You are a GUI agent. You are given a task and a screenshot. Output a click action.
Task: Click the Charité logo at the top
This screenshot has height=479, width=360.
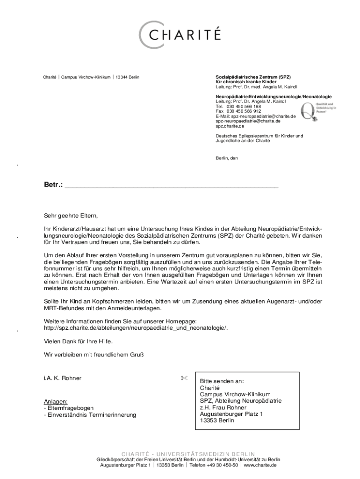[180, 34]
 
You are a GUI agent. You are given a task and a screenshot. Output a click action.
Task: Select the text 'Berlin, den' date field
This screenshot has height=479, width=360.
[227, 158]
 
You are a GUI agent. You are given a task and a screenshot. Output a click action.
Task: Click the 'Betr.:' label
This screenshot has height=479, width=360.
[53, 185]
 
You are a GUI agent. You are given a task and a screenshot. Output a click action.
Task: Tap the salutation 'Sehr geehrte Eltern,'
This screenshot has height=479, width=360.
[71, 216]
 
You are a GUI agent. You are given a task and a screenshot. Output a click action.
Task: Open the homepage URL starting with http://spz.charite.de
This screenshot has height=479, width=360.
[136, 328]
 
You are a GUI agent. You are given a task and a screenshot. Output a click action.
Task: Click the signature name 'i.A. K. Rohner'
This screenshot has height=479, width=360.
[63, 378]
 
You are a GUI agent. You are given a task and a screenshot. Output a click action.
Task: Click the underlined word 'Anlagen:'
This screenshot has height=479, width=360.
[56, 401]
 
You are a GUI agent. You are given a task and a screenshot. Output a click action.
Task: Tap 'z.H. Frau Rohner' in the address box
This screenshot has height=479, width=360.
[223, 407]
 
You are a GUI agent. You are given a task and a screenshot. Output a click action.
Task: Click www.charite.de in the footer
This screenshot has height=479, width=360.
[260, 466]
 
